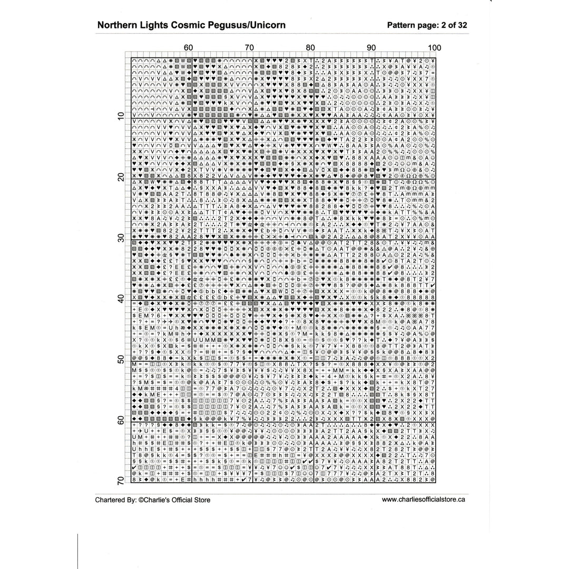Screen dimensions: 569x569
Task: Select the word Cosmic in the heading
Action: point(186,25)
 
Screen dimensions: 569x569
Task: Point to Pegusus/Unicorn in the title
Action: point(244,25)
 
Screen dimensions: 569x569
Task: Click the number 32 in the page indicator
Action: point(462,25)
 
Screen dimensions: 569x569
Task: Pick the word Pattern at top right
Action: point(401,25)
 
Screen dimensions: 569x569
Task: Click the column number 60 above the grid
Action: point(189,48)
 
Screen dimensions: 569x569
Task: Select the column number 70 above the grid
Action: point(250,48)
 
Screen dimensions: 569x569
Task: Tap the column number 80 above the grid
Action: point(311,48)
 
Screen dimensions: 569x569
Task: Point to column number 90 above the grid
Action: point(372,48)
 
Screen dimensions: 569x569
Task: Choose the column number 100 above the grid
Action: point(434,48)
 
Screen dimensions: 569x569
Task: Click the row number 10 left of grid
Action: point(121,116)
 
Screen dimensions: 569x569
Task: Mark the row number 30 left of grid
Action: point(121,238)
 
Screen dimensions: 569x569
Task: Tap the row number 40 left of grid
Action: point(121,299)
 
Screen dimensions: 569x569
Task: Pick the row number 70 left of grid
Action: point(121,480)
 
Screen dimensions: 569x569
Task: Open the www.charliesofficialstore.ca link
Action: point(423,499)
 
